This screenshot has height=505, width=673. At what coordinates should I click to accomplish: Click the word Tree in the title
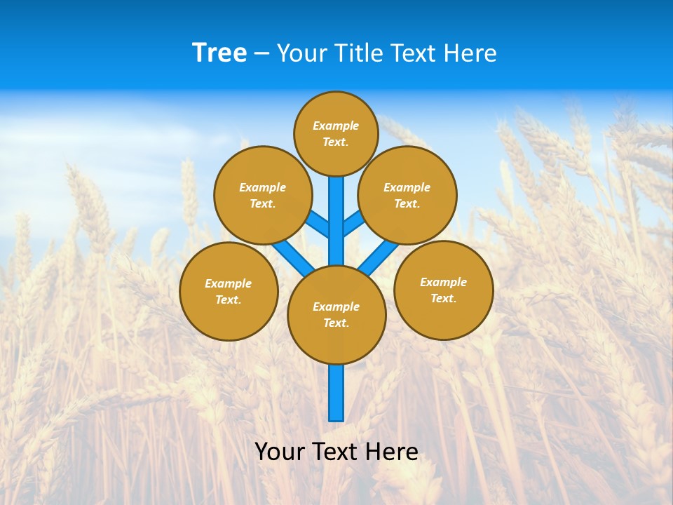(x=219, y=53)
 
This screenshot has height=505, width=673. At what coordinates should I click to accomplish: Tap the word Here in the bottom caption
(x=393, y=451)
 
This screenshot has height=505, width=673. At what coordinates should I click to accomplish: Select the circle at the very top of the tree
(x=336, y=133)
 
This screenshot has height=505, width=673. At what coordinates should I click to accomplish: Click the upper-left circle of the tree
(x=263, y=195)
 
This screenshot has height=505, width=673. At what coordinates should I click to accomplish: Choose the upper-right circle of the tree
(x=407, y=195)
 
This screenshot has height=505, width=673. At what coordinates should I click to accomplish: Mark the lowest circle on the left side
(x=229, y=291)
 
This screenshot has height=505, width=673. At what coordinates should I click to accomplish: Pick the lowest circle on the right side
(x=443, y=290)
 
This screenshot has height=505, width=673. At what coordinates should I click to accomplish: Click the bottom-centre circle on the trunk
(x=336, y=315)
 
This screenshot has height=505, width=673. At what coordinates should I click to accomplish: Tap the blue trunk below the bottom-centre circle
(x=336, y=393)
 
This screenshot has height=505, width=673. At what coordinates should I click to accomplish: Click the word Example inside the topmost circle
(x=336, y=126)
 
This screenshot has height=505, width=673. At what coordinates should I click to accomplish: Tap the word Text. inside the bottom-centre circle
(x=336, y=323)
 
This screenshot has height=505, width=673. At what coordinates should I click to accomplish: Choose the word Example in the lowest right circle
(x=443, y=282)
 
